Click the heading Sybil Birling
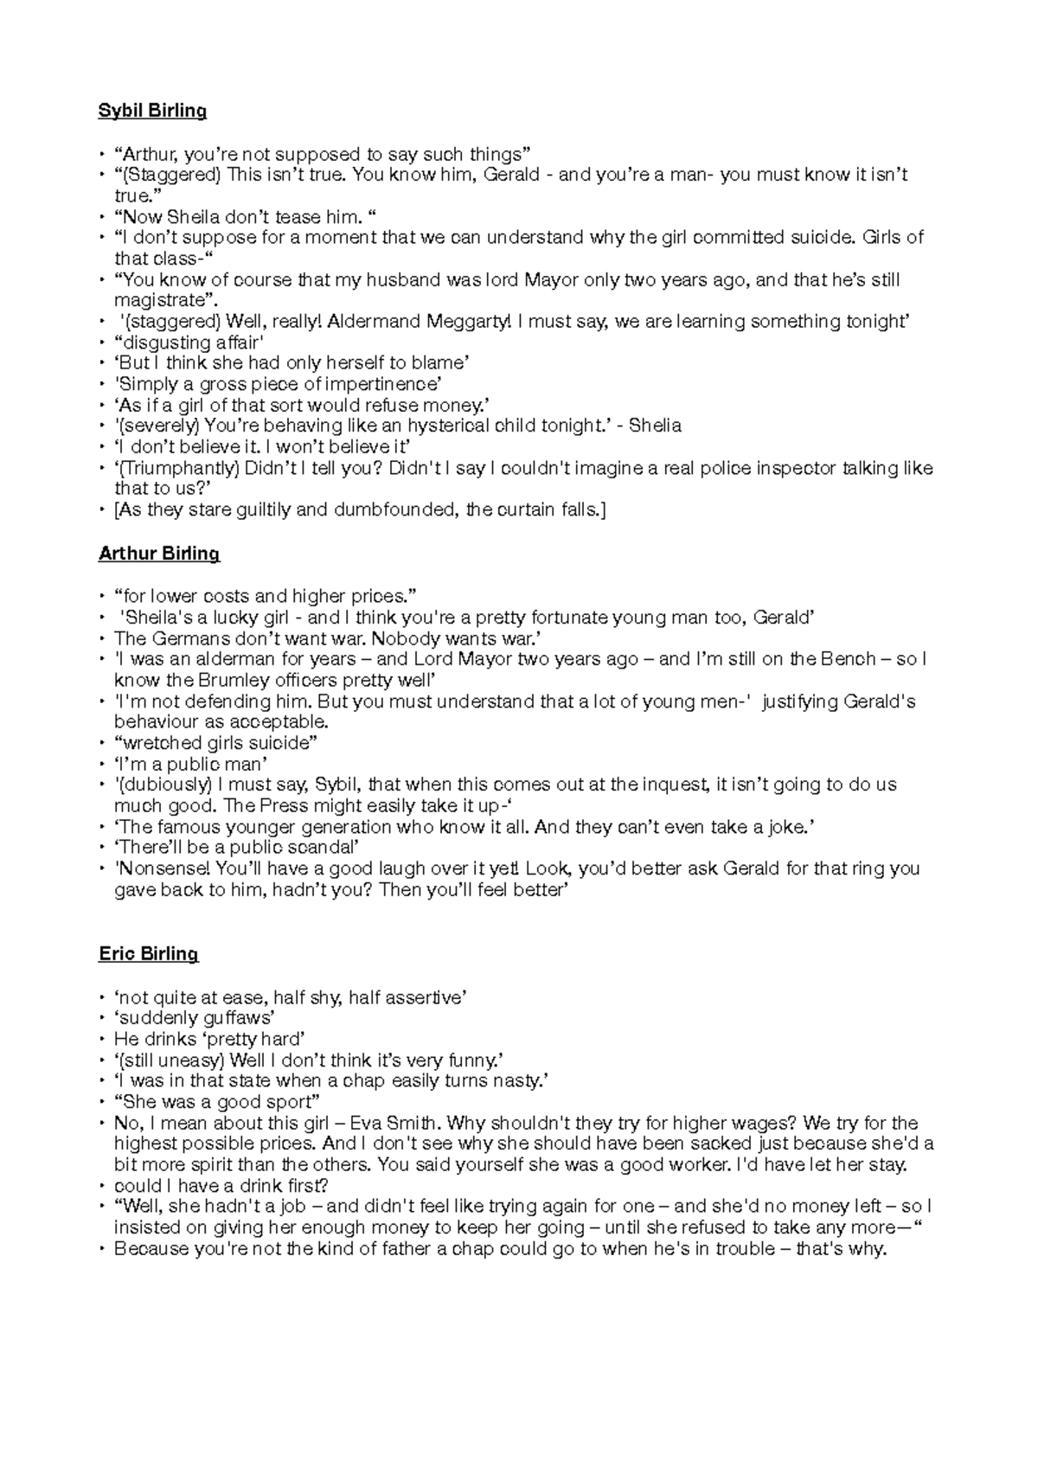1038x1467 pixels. point(152,111)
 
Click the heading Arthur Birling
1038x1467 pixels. point(159,554)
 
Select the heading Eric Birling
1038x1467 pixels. point(148,954)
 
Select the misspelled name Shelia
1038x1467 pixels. point(655,426)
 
